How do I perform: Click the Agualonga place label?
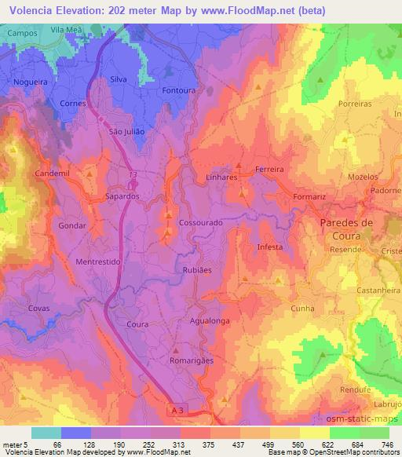tap(210, 320)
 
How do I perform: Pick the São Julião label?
tap(127, 132)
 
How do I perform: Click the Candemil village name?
tap(53, 172)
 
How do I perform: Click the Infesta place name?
tap(270, 247)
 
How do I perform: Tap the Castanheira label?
tap(375, 291)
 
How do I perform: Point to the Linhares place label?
tap(221, 178)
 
